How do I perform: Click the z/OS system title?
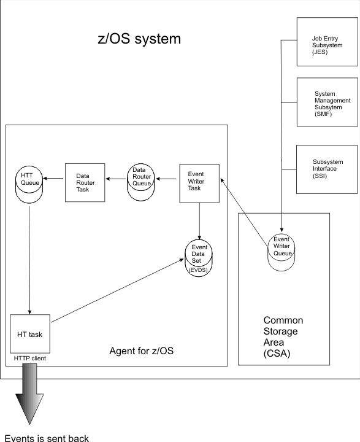coord(139,39)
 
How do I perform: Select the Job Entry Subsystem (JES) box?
coord(327,42)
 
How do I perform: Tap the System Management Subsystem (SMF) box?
coord(327,102)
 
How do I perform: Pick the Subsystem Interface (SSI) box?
coord(327,169)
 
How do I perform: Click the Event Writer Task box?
coord(199,184)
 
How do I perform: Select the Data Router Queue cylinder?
coord(141,182)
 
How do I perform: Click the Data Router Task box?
coord(85,183)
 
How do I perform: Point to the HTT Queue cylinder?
coord(29,184)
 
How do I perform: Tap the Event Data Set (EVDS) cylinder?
coord(199,258)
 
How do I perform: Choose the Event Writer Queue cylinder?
coord(281,252)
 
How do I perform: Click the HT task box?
coord(30,334)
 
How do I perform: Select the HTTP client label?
coord(30,359)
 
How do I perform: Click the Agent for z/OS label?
coord(142,351)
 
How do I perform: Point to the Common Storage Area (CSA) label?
coord(283,336)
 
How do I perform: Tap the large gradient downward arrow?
coord(29,394)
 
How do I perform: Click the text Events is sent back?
coord(47,438)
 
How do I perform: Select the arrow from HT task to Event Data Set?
coord(118,290)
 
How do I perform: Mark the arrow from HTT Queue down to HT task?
coord(29,260)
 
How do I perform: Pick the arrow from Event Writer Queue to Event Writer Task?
coord(243,212)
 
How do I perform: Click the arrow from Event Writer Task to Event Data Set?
coord(199,221)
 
